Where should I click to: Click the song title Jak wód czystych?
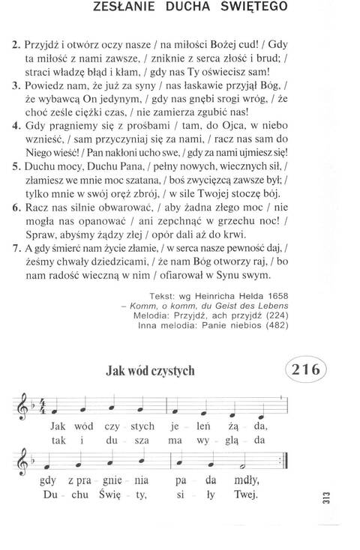pos(151,370)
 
